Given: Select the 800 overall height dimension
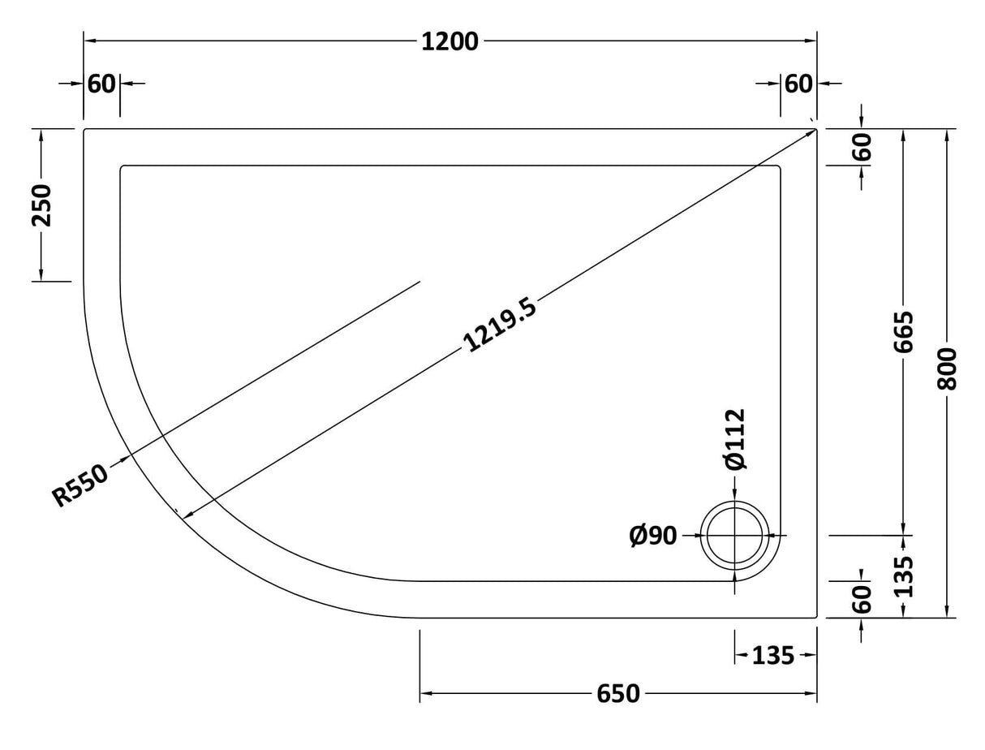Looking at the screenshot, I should (x=947, y=369).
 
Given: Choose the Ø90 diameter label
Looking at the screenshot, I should (x=653, y=536).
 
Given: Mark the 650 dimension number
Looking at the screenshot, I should (x=618, y=694).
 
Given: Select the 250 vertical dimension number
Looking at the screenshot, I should (x=41, y=205).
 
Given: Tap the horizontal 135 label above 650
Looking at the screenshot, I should (x=772, y=655).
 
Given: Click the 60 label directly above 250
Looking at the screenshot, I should (x=101, y=84).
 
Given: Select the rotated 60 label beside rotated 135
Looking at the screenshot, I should (x=862, y=599).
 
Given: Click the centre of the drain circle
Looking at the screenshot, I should (x=735, y=536).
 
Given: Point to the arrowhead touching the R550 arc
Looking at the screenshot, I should (x=126, y=459).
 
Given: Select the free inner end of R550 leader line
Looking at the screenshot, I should (x=420, y=282).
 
